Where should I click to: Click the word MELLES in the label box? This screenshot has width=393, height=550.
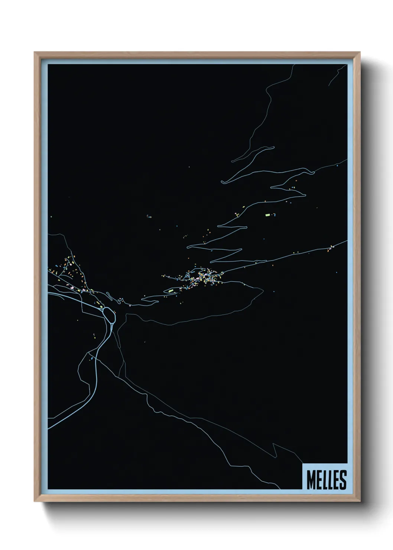[x=326, y=479]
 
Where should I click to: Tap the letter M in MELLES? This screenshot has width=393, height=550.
[x=311, y=479]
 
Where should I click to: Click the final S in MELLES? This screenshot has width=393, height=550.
[x=342, y=479]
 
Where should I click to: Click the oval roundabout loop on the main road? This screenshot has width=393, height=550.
[x=109, y=314]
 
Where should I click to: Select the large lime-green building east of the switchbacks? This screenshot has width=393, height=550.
[x=267, y=215]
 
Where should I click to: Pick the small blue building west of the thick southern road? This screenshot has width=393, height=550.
[x=91, y=359]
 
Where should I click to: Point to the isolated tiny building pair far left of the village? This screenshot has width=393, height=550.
[x=149, y=216]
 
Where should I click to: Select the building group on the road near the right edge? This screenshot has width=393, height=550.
[x=331, y=248]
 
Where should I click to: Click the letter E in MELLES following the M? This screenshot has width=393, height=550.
[x=318, y=479]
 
